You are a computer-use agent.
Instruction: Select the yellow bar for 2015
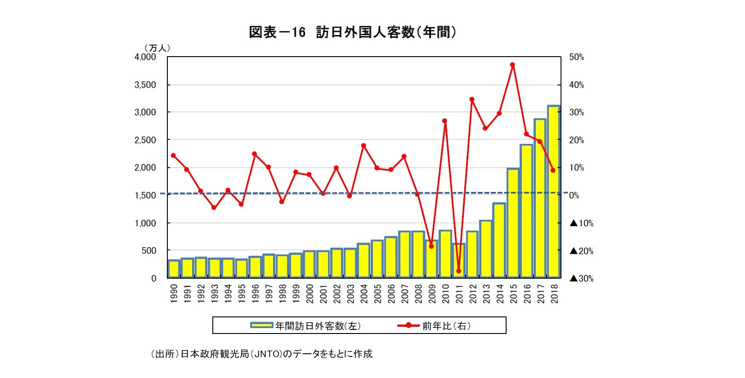pos(513,223)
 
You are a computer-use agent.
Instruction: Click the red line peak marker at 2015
pos(512,65)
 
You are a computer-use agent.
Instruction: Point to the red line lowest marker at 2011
pos(459,271)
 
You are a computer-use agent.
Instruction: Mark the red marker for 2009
pos(431,246)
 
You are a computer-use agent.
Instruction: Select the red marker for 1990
pos(174,156)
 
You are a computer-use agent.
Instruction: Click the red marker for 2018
pos(553,170)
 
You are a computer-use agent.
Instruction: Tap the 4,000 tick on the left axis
pos(145,57)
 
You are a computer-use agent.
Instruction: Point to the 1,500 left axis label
pos(145,196)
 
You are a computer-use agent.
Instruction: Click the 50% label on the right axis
pos(577,57)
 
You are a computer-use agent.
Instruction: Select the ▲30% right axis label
pos(582,279)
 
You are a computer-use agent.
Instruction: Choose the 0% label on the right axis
pos(574,196)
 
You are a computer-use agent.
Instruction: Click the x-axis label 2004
pos(364,293)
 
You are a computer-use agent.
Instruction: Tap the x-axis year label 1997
pos(269,293)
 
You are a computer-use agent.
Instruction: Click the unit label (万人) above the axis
pos(157,48)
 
